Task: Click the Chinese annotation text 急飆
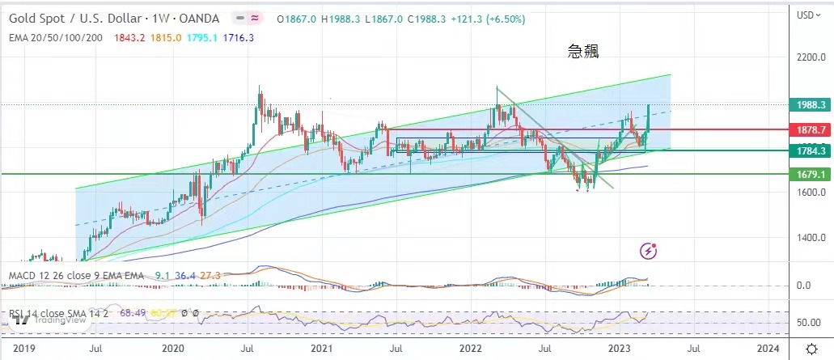[x=583, y=52]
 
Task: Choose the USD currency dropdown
[x=806, y=15]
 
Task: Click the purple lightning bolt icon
[x=648, y=251]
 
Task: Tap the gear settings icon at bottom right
[x=811, y=348]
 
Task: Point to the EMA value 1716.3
[x=239, y=37]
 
